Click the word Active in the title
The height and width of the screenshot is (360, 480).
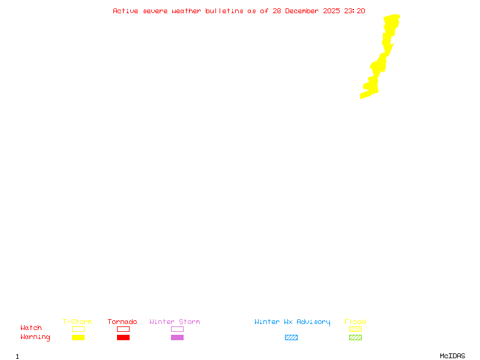tap(126, 11)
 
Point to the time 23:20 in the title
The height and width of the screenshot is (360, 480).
tap(355, 11)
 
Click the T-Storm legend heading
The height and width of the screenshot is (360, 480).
tap(77, 322)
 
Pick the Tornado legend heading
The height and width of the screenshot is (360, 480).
tap(122, 322)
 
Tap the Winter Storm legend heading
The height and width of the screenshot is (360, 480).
tap(175, 322)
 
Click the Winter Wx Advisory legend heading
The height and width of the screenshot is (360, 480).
tap(292, 322)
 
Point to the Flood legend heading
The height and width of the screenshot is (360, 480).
tap(355, 322)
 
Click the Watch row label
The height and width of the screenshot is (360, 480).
tap(31, 328)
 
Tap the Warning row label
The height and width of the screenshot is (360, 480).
tap(35, 337)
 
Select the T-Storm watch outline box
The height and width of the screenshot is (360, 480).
tap(78, 329)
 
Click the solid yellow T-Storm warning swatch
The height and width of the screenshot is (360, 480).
tap(78, 337)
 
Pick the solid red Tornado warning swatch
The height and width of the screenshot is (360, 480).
tap(123, 337)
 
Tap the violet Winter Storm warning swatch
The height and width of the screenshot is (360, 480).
tap(177, 337)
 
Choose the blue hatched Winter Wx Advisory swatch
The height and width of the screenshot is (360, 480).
tap(291, 337)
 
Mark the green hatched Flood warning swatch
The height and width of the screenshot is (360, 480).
tap(355, 337)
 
